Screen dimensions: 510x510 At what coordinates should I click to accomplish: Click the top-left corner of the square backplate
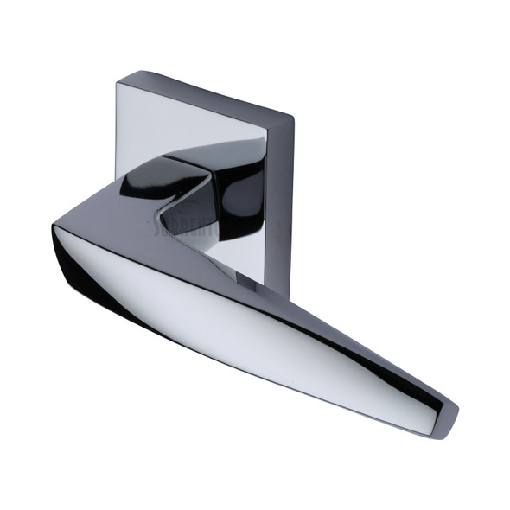pyautogui.click(x=118, y=80)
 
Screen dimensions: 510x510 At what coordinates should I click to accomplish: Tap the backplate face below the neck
pyautogui.click(x=233, y=259)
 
